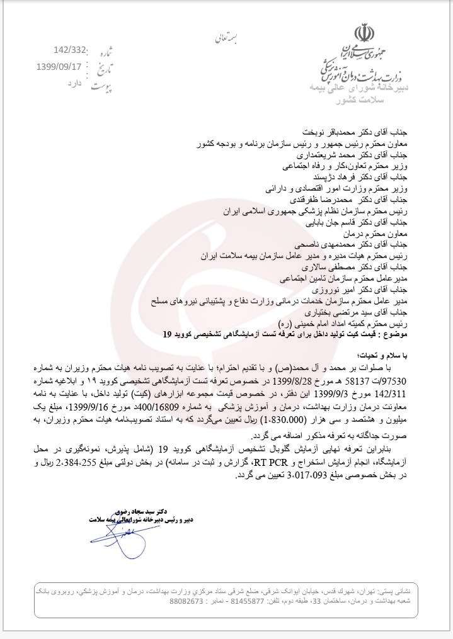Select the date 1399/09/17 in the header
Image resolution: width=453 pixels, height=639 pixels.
[63, 65]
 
